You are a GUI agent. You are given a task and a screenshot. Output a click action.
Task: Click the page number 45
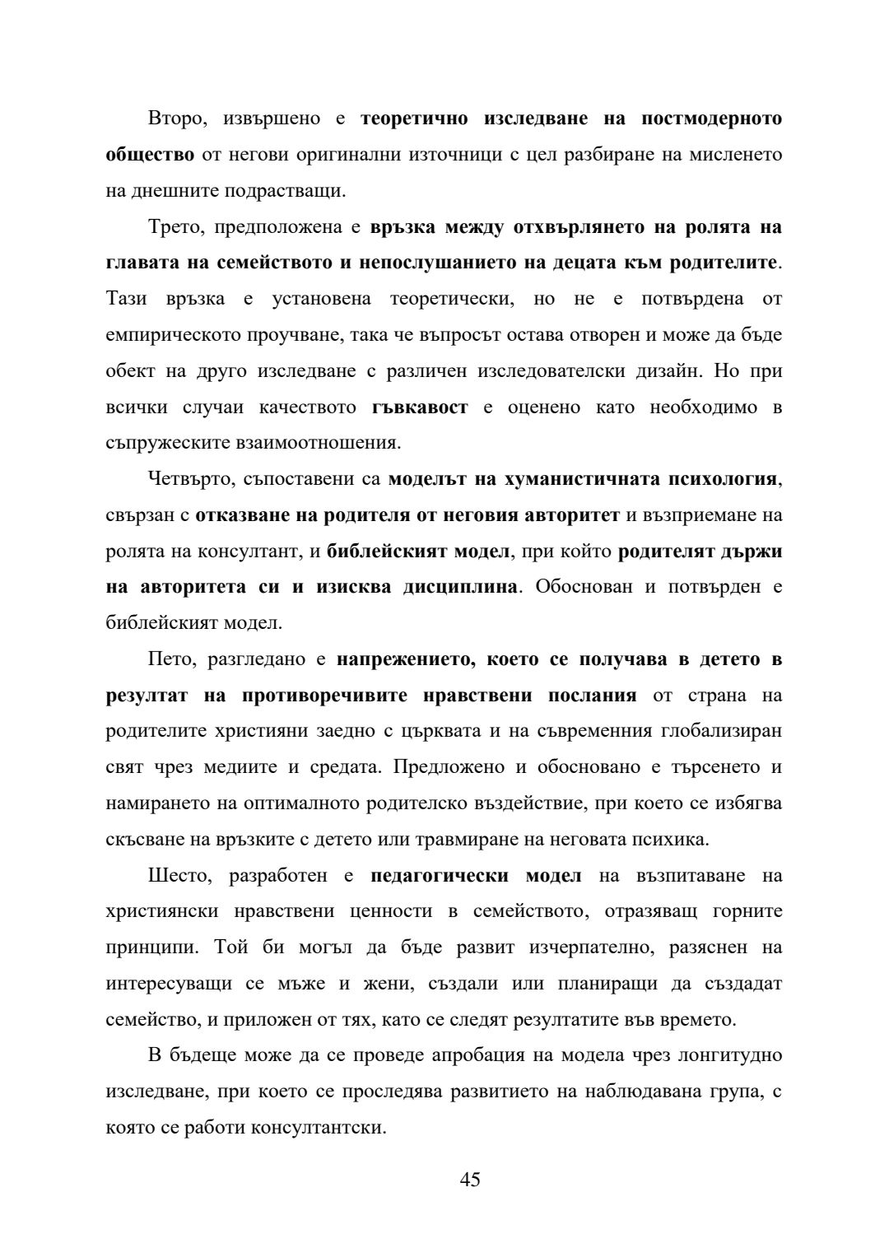pos(470,1180)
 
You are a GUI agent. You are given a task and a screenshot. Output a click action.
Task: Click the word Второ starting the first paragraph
pos(175,119)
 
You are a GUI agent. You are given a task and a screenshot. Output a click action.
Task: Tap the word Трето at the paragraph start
pos(175,227)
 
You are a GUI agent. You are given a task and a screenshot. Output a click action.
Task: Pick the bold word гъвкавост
pos(420,407)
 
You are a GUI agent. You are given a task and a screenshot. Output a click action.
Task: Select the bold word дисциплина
pos(463,587)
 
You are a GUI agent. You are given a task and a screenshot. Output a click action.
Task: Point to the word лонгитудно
pos(732,1055)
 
